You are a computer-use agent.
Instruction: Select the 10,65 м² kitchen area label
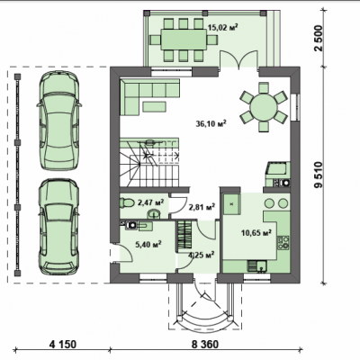click(256, 232)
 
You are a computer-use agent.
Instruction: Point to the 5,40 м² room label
click(148, 245)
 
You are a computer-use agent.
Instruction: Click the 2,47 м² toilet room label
click(150, 203)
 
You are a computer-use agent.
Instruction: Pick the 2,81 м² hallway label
click(202, 207)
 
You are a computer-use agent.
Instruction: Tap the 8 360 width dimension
click(205, 344)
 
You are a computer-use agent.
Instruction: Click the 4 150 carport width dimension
click(63, 344)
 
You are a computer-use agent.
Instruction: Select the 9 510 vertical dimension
click(319, 175)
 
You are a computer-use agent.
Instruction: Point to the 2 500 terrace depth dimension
click(319, 38)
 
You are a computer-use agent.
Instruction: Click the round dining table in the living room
click(264, 107)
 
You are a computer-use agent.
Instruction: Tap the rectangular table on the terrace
click(184, 40)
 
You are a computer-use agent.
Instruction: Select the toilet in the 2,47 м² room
click(127, 202)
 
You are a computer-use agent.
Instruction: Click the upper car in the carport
click(59, 121)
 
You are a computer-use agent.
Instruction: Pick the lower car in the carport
click(59, 227)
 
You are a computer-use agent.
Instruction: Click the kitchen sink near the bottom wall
click(257, 265)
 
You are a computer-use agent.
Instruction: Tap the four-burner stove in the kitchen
click(283, 243)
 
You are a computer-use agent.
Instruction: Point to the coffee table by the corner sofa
click(154, 106)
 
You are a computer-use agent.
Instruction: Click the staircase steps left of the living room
click(150, 163)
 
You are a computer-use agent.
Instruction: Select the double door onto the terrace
click(238, 59)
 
